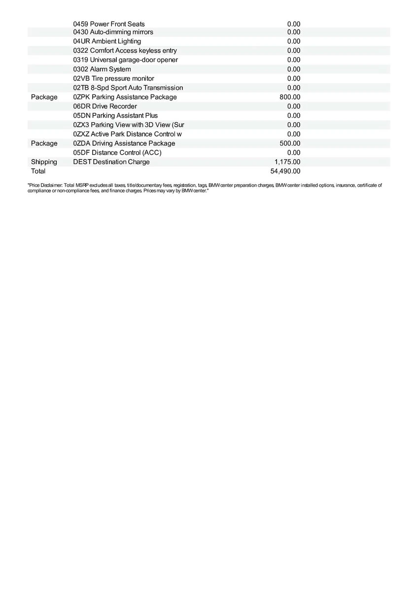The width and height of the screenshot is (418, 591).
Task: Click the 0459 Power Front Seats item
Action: coord(109,24)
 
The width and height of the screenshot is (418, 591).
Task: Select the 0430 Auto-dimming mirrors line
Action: coord(113,32)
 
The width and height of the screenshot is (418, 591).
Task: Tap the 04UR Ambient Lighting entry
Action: coord(107,41)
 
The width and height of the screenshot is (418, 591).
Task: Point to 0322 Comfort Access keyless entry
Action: coord(125,51)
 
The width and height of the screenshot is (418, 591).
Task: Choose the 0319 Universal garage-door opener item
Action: coord(125,60)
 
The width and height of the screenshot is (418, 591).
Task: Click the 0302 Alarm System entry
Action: coord(102,69)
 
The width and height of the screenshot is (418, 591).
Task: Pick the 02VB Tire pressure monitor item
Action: coord(113,79)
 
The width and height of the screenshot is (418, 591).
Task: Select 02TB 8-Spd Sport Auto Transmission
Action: coord(128,88)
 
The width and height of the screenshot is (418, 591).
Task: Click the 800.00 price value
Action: coord(290,97)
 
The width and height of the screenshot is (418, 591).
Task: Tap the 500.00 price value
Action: coord(290,143)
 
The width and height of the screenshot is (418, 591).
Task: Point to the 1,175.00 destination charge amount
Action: coord(287,162)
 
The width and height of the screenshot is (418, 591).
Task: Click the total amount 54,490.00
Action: coord(285,171)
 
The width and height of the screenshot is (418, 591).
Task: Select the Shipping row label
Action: coord(44,162)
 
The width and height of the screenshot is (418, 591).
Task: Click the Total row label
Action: coord(38,171)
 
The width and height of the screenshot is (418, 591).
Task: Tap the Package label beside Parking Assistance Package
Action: coord(44,97)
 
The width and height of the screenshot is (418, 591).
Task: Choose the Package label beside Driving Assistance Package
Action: coord(44,143)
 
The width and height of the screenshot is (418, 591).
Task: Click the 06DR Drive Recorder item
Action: coord(105,106)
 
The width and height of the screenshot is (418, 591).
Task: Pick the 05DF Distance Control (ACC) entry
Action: coord(117,153)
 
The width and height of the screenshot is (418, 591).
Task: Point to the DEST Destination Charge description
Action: coord(111,162)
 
